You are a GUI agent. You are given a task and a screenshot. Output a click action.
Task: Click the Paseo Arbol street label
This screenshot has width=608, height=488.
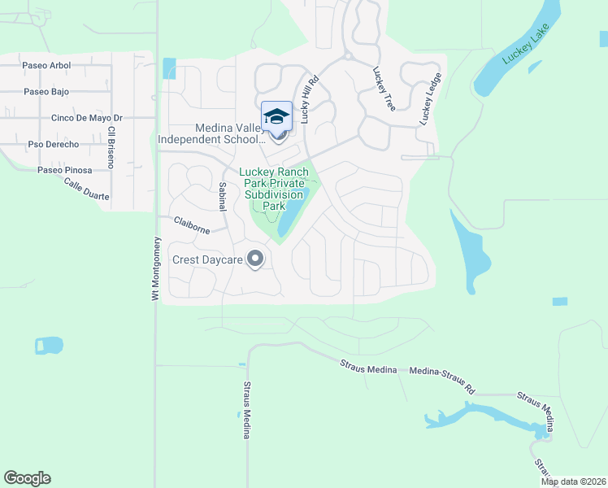tap(46, 65)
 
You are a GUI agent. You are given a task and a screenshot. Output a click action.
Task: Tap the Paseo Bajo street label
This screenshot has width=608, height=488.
tap(46, 92)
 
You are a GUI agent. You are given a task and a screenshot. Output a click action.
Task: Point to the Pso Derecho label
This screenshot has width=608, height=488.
tap(54, 144)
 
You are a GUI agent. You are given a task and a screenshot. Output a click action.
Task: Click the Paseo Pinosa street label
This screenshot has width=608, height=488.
tap(64, 170)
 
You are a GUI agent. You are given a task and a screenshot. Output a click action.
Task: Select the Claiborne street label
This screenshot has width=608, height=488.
tap(192, 224)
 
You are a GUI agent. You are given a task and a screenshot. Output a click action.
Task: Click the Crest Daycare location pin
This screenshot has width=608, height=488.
tap(255, 259)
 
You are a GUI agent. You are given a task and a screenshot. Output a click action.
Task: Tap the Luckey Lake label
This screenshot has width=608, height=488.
tap(526, 44)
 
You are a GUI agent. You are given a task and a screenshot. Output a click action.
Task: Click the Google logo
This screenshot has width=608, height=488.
tap(28, 477)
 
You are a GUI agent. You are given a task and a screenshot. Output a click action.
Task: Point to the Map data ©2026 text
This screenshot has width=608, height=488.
tap(573, 481)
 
